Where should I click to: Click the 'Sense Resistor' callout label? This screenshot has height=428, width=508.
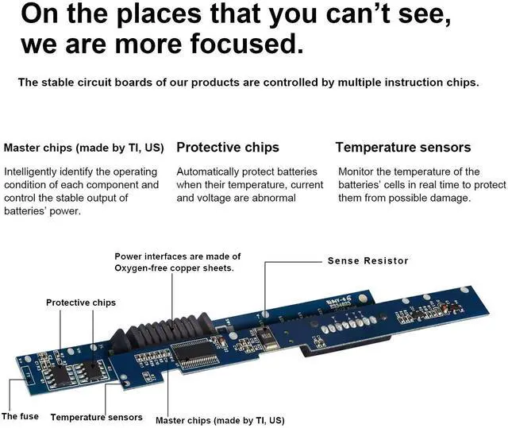368,260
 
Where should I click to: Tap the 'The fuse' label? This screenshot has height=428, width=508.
20,416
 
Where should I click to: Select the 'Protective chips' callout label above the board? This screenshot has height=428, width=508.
81,303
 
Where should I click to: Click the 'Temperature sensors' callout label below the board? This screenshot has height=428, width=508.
97,417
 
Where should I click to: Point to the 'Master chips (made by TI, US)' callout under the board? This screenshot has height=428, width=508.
220,420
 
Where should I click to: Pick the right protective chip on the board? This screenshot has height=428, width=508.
90,367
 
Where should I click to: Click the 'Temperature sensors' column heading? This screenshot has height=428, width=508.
403,148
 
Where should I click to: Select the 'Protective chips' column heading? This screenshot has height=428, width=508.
228,148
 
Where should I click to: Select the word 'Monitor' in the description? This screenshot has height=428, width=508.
358,172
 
